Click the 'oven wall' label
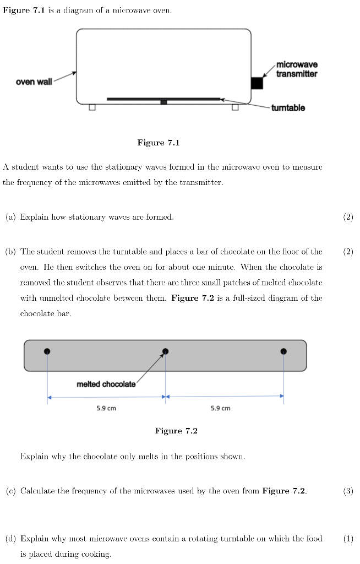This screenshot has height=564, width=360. click(34, 82)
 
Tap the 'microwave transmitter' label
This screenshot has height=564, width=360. click(297, 69)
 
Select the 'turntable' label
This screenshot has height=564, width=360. click(287, 108)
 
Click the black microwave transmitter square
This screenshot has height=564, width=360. click(257, 83)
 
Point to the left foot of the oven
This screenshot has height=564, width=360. click(92, 106)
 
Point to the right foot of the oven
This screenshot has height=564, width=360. click(235, 106)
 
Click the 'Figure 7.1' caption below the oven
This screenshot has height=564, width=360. click(159, 143)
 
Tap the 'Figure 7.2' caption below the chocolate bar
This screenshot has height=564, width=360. click(176, 431)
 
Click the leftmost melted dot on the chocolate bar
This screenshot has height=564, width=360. click(47, 351)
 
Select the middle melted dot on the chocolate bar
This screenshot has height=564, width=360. click(165, 351)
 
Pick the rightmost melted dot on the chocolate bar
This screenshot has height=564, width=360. click(283, 351)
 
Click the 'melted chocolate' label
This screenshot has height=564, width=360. click(106, 384)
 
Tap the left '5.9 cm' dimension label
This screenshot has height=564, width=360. click(106, 408)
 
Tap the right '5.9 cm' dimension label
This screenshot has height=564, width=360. click(220, 408)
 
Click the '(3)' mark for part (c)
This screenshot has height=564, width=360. click(347, 491)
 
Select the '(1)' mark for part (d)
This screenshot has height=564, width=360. click(347, 538)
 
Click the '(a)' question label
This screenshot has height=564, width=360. click(10, 217)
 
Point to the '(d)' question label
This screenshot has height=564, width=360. click(10, 538)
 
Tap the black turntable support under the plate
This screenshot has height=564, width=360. click(163, 102)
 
